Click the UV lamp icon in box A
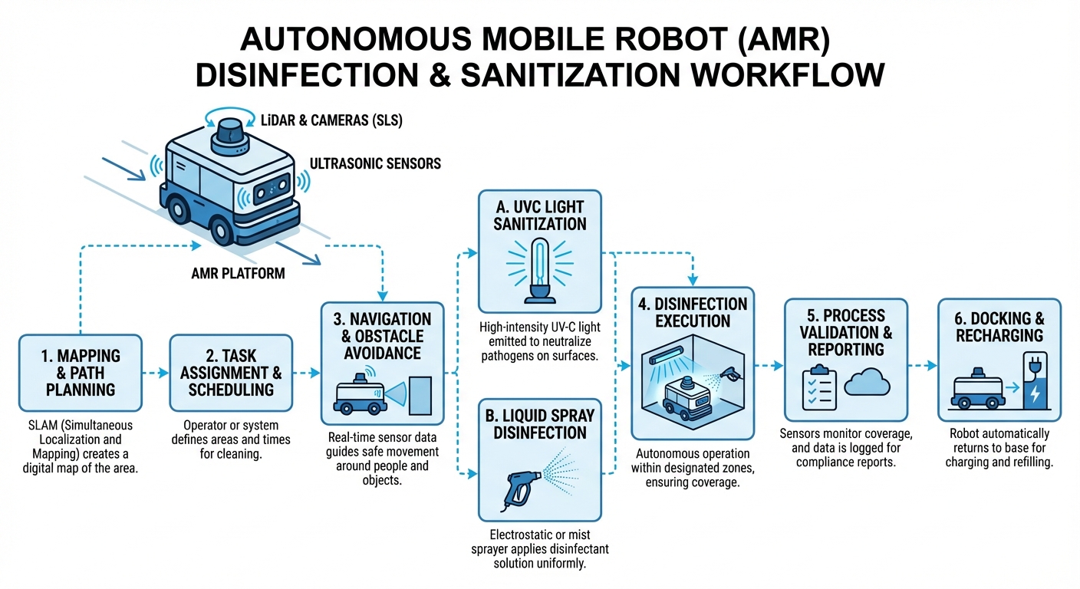pyautogui.click(x=539, y=268)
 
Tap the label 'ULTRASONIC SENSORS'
pyautogui.click(x=375, y=163)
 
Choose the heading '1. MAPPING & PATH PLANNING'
pyautogui.click(x=81, y=372)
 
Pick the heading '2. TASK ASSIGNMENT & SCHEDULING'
pyautogui.click(x=231, y=372)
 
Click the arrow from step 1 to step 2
pyautogui.click(x=155, y=373)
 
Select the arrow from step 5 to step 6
pyautogui.click(x=923, y=366)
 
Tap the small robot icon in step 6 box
pyautogui.click(x=977, y=392)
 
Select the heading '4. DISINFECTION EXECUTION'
pyautogui.click(x=693, y=311)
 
